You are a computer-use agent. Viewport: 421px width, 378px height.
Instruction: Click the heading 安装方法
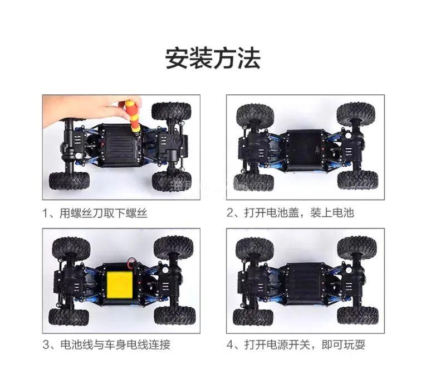coord(212,59)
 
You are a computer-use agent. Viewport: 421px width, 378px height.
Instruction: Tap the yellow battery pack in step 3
coord(120,285)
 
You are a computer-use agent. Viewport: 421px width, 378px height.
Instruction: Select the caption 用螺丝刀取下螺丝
coord(104,213)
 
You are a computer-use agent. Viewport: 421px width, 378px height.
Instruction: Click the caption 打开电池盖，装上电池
coord(299,212)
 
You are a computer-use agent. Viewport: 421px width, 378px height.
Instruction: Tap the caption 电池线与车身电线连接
coord(115,345)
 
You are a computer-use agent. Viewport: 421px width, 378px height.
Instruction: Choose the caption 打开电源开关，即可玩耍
coord(305,345)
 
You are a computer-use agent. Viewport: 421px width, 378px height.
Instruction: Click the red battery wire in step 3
coord(131,262)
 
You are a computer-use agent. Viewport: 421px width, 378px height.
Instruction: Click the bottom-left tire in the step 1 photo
coord(69,181)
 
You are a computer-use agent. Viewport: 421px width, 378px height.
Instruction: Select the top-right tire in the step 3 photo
coord(173,248)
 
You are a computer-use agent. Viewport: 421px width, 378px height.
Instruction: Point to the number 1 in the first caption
coord(45,214)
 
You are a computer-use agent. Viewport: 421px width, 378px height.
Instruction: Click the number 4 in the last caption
coord(230,345)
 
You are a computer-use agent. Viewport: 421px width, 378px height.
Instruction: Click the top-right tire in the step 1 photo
coord(172,112)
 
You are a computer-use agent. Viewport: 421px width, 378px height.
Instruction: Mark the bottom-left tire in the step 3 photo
coord(68,317)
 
